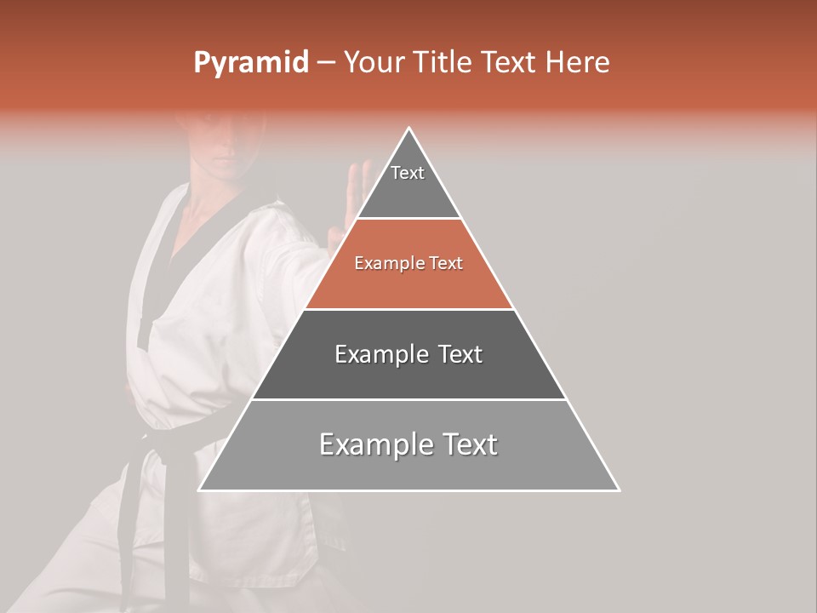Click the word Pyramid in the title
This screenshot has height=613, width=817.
click(x=250, y=63)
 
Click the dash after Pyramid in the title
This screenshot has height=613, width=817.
click(x=326, y=63)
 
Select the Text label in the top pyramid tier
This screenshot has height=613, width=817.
click(x=408, y=173)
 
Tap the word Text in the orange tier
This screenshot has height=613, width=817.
click(x=445, y=263)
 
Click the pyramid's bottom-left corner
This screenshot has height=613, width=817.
click(x=200, y=490)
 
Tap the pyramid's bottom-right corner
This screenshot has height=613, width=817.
click(x=619, y=490)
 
